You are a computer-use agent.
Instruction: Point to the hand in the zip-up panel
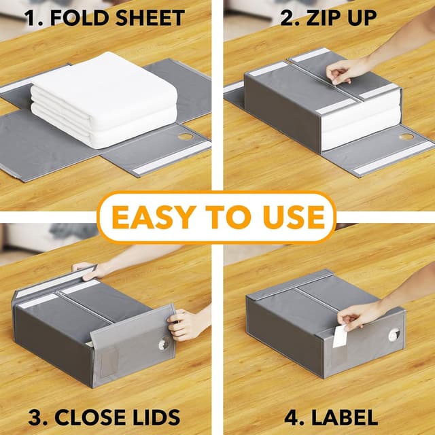tap(347, 69)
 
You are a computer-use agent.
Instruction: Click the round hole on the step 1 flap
tap(186, 137)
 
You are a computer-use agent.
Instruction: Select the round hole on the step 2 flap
tap(406, 137)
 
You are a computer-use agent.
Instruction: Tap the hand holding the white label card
tap(360, 315)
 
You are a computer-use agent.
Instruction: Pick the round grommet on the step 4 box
tap(394, 334)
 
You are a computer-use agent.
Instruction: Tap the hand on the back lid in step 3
tap(88, 270)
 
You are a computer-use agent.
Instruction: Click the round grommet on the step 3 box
tap(164, 345)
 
